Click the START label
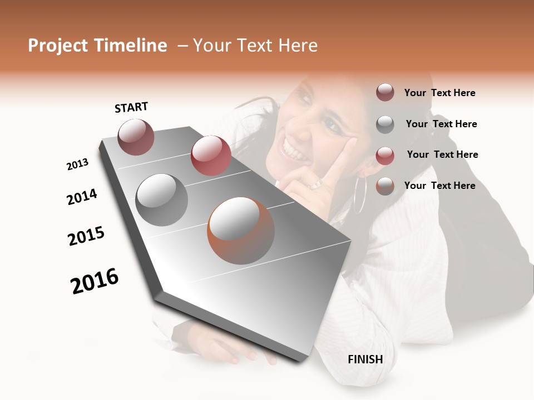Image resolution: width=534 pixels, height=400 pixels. click(131, 107)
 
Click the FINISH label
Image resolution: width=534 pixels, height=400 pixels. click(365, 359)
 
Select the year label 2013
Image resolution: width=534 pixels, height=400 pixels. click(78, 164)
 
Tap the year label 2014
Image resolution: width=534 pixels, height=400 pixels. click(82, 197)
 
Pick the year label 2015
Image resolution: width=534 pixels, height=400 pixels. click(86, 236)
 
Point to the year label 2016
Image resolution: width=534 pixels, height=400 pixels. click(95, 281)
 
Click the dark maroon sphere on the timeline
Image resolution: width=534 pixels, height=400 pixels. click(136, 137)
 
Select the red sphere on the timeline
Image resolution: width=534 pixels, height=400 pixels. click(211, 155)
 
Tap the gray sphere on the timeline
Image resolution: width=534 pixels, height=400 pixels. click(162, 200)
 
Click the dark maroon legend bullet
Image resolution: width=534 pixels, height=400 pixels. click(385, 93)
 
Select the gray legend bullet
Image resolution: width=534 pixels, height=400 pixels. click(385, 124)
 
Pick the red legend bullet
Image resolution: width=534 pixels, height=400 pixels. click(385, 155)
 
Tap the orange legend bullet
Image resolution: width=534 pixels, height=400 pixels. click(385, 186)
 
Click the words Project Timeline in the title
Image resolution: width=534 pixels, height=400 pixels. click(97, 46)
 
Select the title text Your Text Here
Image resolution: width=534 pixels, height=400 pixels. click(255, 46)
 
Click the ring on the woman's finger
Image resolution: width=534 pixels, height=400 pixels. click(317, 184)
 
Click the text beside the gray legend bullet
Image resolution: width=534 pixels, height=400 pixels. click(441, 124)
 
